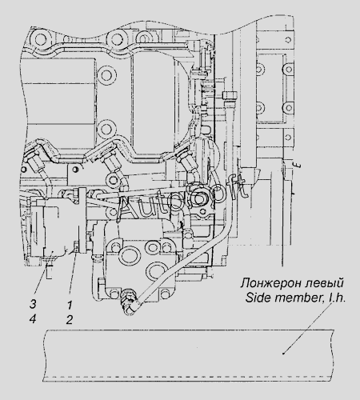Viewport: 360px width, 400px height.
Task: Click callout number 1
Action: [70, 305]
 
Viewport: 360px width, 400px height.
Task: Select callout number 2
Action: [70, 319]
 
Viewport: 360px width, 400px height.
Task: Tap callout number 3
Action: [33, 304]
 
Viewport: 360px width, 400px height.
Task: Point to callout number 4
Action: [33, 319]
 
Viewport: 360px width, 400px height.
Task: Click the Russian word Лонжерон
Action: [270, 283]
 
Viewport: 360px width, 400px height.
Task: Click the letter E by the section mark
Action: [298, 166]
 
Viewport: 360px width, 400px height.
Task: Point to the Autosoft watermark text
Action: [182, 200]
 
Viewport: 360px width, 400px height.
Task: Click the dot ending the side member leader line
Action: [283, 354]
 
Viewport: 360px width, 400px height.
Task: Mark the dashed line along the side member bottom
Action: [188, 377]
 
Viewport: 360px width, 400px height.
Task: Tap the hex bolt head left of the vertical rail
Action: [229, 95]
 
